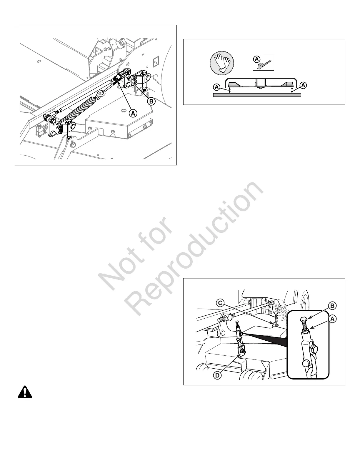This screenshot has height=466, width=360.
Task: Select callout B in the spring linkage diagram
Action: pyautogui.click(x=151, y=101)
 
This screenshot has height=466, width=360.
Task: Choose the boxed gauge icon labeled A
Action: pyautogui.click(x=264, y=63)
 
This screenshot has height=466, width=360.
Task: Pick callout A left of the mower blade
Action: pyautogui.click(x=217, y=87)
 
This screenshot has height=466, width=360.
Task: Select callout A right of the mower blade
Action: pyautogui.click(x=304, y=85)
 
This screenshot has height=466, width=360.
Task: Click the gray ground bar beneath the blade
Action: pyautogui.click(x=257, y=95)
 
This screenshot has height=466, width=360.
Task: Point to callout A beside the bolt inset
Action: pyautogui.click(x=332, y=319)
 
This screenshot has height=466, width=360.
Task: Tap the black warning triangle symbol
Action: pyautogui.click(x=25, y=392)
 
